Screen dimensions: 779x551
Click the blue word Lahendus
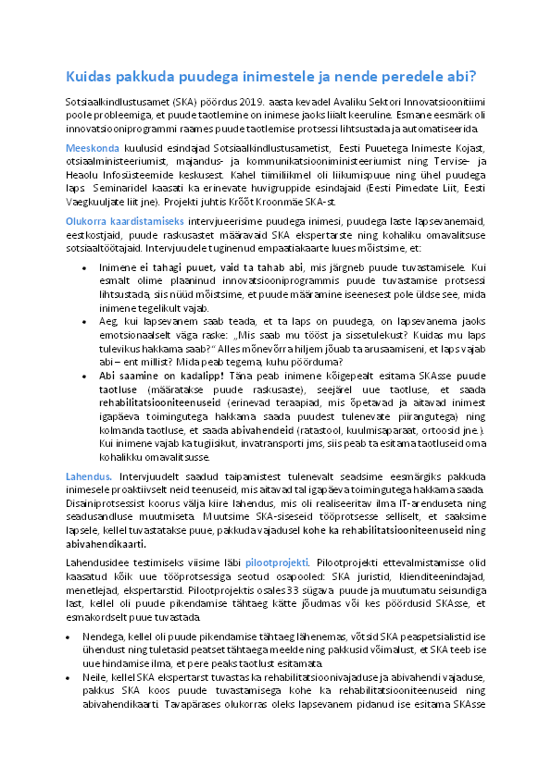[87, 476]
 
